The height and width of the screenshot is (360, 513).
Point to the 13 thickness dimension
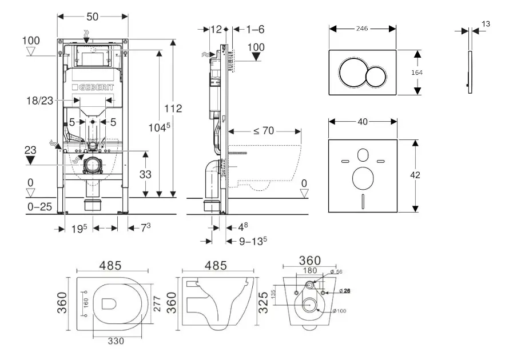pos(486,24)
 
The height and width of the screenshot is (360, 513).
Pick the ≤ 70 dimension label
pos(264,131)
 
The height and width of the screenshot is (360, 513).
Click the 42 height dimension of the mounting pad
pos(431,175)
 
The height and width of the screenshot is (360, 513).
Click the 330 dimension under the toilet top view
pos(116,342)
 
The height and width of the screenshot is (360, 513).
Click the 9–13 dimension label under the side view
pos(250,241)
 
